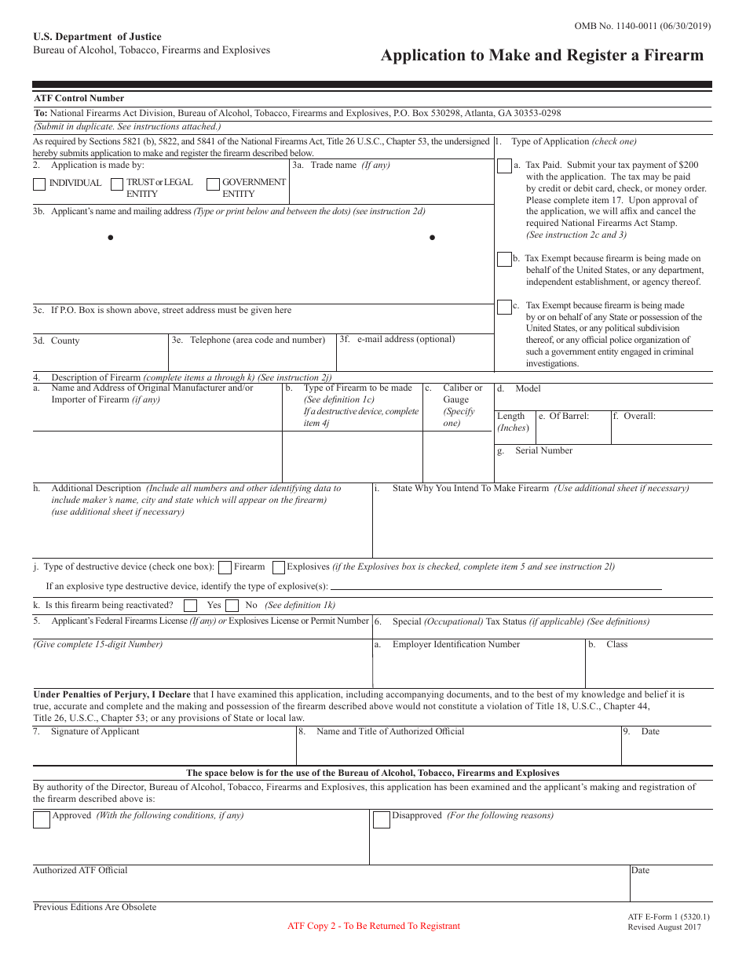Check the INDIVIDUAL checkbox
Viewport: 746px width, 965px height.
[39, 185]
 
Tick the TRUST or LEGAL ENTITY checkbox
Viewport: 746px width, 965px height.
[116, 185]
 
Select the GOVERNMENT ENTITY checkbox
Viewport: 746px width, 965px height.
[213, 185]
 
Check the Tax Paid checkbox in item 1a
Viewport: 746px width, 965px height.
[504, 166]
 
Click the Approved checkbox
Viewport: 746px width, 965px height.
[41, 821]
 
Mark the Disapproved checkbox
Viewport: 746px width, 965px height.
[381, 821]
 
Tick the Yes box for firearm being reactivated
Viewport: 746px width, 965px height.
[190, 606]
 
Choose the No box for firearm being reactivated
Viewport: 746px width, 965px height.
[232, 606]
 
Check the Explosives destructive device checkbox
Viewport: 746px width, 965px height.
[278, 567]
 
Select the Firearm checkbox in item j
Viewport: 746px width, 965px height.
[225, 567]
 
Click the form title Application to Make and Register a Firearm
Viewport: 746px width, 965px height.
[542, 56]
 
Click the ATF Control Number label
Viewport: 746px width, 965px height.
[79, 99]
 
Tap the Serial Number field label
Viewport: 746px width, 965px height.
[543, 451]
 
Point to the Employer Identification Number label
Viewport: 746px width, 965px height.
[455, 645]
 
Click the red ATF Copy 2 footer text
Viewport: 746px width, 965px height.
[374, 926]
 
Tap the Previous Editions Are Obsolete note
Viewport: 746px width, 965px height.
[95, 908]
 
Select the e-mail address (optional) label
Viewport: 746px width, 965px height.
[405, 340]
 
